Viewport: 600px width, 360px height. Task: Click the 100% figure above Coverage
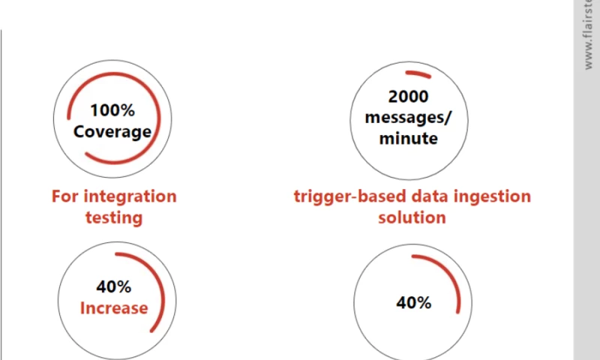click(x=112, y=110)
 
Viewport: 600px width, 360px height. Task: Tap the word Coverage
click(x=112, y=132)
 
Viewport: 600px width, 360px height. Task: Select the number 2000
click(x=409, y=97)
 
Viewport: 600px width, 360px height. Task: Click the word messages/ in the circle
click(x=409, y=118)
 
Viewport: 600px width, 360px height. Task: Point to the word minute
click(x=409, y=139)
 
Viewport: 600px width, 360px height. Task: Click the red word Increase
click(x=114, y=307)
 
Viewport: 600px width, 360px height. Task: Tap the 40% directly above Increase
click(x=114, y=286)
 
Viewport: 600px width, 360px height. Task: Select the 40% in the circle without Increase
click(x=413, y=303)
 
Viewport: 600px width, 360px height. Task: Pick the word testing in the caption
click(x=113, y=218)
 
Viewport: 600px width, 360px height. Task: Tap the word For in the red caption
click(x=64, y=196)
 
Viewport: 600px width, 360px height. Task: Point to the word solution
click(x=412, y=218)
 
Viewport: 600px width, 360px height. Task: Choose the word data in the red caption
click(x=432, y=196)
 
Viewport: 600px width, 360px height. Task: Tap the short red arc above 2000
click(x=418, y=74)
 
